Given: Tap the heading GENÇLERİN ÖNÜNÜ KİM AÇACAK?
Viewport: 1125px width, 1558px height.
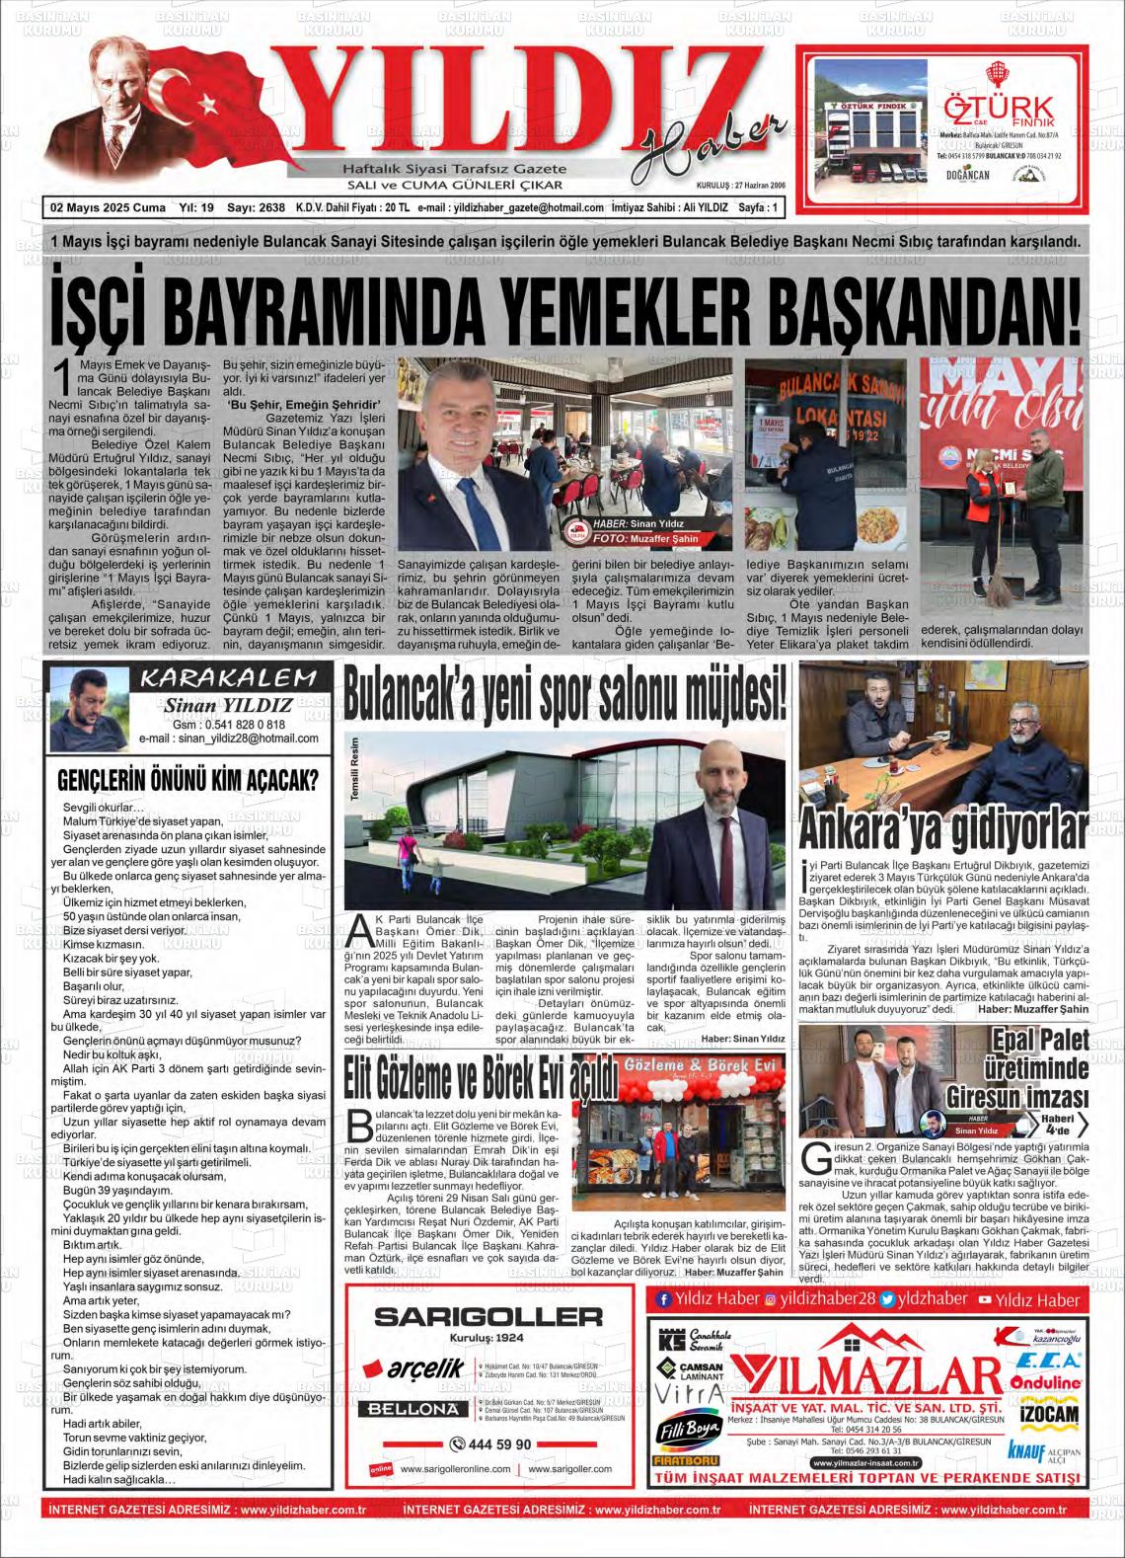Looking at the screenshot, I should click(187, 779).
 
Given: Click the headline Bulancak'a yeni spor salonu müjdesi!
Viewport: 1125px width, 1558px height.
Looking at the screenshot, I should click(566, 695).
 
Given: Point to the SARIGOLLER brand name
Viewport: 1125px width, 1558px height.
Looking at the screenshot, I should click(488, 1315).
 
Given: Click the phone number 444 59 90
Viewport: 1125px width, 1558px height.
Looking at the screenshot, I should click(489, 1443).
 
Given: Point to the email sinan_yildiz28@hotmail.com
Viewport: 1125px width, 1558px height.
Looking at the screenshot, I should click(242, 738).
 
